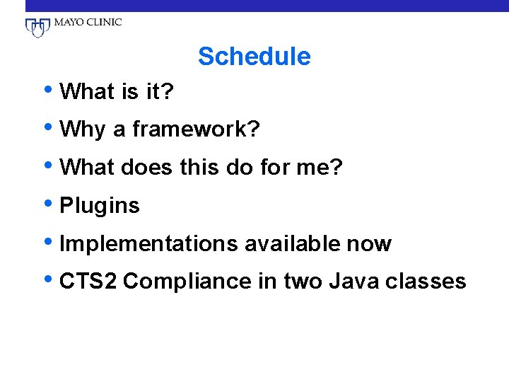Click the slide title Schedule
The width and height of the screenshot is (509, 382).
(x=254, y=57)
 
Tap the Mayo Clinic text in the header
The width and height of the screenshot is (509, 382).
(x=87, y=22)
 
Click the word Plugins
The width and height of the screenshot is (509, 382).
(x=100, y=207)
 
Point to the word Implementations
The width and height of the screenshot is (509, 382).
(x=148, y=245)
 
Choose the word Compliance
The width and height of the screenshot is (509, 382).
(x=185, y=282)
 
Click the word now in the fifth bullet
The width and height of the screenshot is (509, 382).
(x=369, y=245)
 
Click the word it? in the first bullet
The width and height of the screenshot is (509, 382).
(x=160, y=92)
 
